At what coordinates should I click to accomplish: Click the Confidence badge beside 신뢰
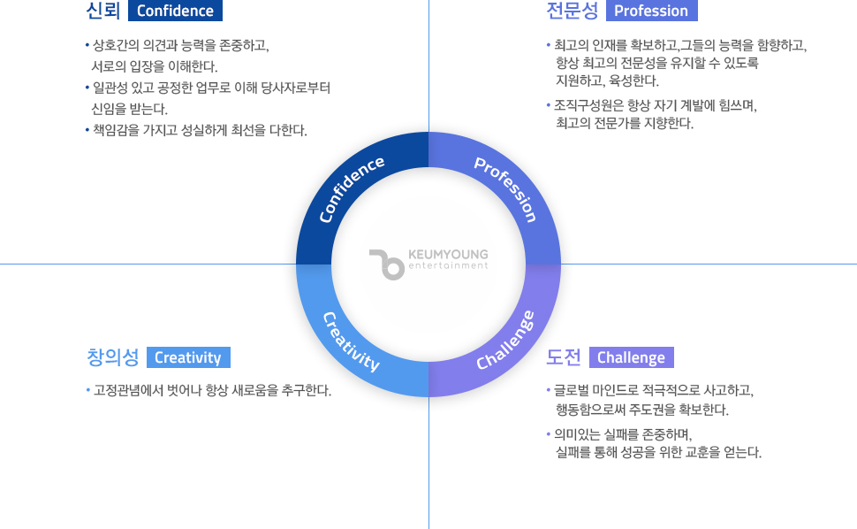175,11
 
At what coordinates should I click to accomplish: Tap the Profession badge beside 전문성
651,11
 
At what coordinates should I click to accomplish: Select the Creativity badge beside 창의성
188,357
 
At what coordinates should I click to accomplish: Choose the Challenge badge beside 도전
632,357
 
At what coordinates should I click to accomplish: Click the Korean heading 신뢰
103,11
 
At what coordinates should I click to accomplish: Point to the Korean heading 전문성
573,11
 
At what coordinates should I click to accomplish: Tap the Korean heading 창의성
113,357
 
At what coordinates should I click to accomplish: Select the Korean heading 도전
564,357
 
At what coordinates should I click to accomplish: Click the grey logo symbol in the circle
387,264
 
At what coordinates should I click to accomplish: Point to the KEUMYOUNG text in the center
448,255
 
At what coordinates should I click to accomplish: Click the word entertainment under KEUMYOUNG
448,266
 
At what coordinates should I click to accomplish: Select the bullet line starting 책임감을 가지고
197,130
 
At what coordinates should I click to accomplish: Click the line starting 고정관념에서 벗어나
209,390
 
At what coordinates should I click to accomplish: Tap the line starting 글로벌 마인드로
650,390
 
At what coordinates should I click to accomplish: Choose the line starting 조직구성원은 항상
652,105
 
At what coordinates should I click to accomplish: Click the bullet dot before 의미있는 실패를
548,434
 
